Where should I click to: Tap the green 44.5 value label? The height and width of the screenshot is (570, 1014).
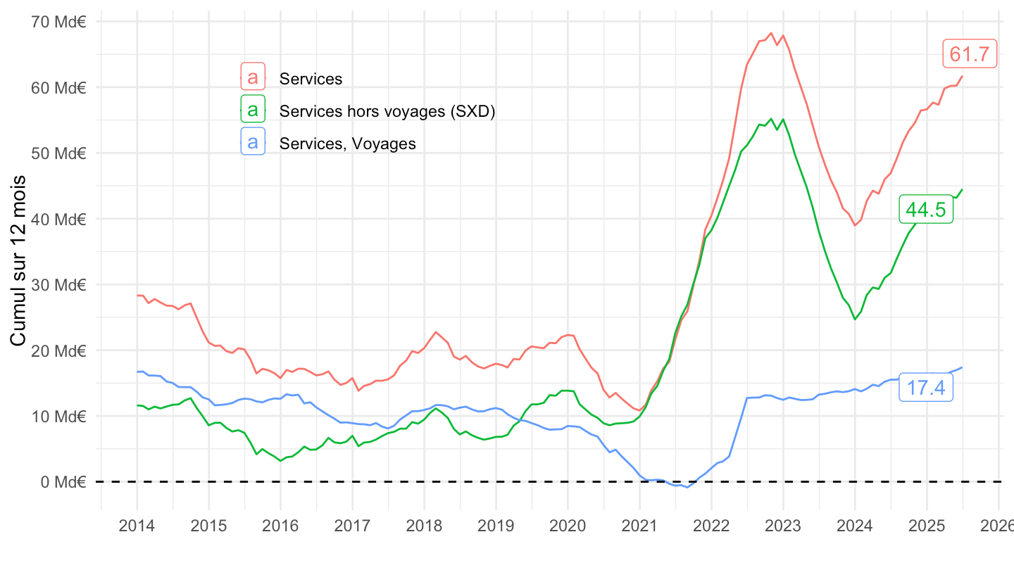pos(926,210)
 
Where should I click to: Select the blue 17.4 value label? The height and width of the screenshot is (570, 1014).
pos(926,388)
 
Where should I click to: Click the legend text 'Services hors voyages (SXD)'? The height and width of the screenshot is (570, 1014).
pos(387,111)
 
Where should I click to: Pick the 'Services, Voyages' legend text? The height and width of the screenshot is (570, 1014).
pos(347,144)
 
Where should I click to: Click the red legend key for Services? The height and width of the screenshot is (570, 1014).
pos(253,77)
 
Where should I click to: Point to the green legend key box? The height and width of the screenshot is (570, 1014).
pos(253,110)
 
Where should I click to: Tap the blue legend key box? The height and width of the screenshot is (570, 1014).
pos(253,143)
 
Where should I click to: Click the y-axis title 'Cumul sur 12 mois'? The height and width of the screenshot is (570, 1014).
pos(19,261)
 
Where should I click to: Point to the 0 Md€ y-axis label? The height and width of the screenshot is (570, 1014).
pos(63,482)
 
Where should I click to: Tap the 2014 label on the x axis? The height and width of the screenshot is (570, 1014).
pos(137,526)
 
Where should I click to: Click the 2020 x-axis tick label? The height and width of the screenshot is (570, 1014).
pos(568,526)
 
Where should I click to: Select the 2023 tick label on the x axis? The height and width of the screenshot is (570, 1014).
pos(783,526)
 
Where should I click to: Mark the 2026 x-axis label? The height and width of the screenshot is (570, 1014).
pos(998,526)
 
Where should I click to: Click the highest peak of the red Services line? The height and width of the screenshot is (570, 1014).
pos(771,33)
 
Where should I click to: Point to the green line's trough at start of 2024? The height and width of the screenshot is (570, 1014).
pos(855,319)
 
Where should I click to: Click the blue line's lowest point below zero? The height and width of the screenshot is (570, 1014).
pos(687,488)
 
